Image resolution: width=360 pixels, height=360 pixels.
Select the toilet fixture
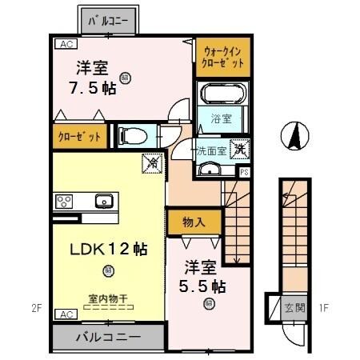(x=133, y=134)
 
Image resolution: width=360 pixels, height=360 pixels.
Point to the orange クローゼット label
(x=78, y=137)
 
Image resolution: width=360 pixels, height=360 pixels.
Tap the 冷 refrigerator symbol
(x=150, y=163)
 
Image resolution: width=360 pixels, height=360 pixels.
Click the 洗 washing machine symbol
(x=238, y=148)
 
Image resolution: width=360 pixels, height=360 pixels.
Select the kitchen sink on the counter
(x=102, y=200)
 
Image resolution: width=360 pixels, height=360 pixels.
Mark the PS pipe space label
(x=243, y=170)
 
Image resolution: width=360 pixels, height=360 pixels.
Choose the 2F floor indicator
(x=34, y=306)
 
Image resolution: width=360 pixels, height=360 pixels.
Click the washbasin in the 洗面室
(x=209, y=168)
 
